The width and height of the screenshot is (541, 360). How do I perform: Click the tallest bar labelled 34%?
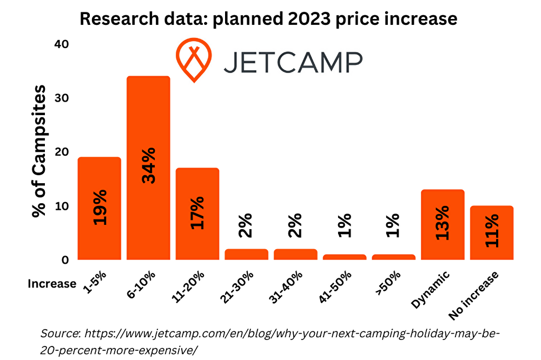tap(148, 168)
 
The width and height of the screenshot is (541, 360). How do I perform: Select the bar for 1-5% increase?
tap(99, 208)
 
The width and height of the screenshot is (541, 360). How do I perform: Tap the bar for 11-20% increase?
tap(197, 214)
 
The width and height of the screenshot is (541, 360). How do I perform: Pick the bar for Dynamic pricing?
tap(443, 224)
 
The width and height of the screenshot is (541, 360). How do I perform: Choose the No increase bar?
tap(492, 232)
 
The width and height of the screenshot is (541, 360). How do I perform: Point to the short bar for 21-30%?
tap(246, 255)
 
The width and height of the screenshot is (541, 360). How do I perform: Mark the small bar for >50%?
tap(393, 257)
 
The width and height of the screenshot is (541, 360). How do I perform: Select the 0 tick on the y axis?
tap(65, 260)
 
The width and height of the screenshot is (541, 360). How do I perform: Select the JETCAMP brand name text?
tap(293, 62)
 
